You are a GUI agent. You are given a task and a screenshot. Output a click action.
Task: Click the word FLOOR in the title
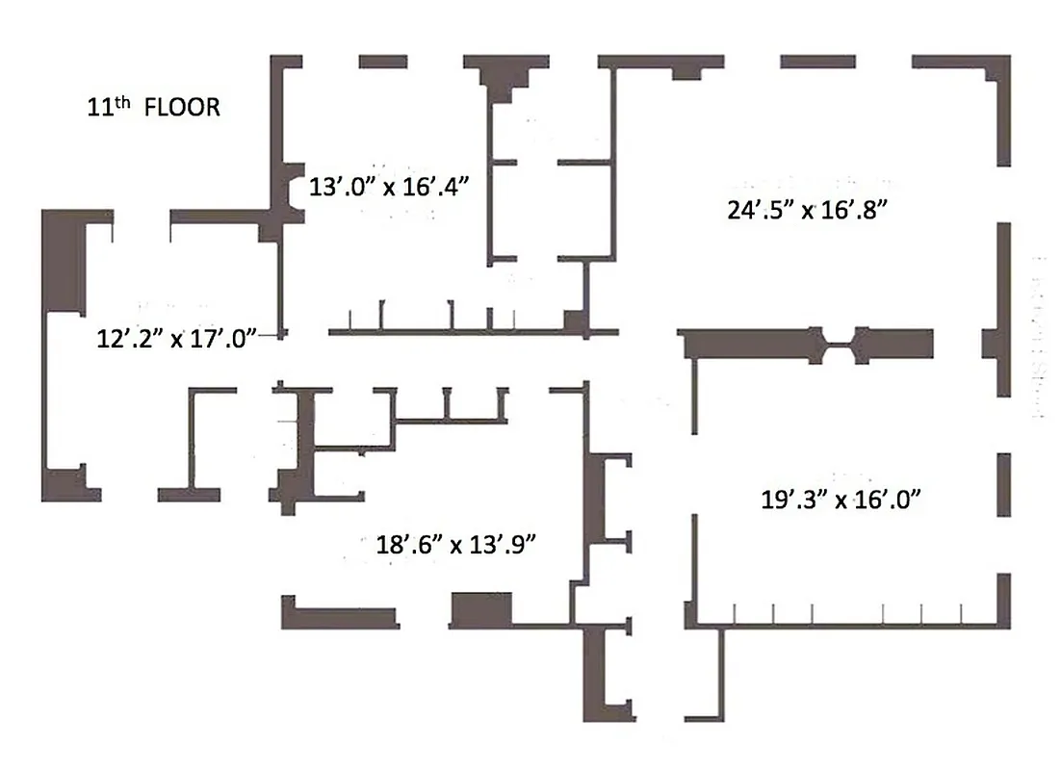pyautogui.click(x=182, y=107)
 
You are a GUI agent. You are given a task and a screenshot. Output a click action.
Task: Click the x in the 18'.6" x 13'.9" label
pyautogui.click(x=455, y=544)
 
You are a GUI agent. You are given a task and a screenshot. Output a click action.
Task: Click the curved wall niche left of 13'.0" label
pyautogui.click(x=287, y=190)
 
